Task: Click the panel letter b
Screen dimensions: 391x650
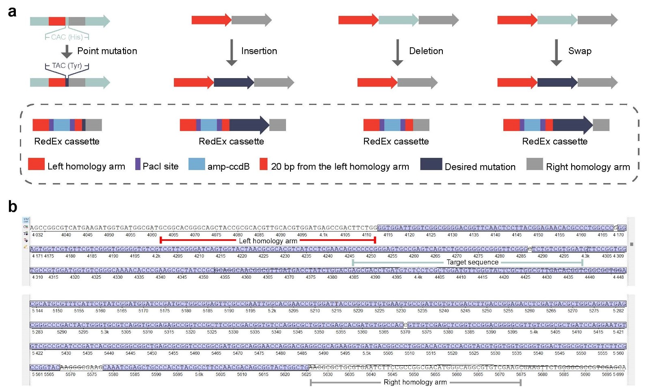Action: [x=13, y=207]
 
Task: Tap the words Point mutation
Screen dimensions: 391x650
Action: [x=107, y=51]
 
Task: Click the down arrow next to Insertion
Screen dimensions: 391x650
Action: [x=232, y=52]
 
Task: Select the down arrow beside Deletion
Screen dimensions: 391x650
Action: [x=397, y=52]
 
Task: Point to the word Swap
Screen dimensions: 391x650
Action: [x=580, y=51]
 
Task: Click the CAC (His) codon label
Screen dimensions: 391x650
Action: [x=67, y=37]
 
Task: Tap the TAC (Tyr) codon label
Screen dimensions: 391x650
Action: [x=67, y=66]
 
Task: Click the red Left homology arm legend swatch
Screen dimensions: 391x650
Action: [x=36, y=164]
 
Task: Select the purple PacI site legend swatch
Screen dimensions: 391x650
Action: [x=138, y=164]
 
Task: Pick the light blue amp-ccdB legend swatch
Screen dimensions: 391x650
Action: [x=197, y=164]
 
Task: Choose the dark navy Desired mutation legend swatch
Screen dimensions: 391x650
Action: [x=431, y=164]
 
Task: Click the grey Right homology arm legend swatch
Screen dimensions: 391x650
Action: [x=535, y=164]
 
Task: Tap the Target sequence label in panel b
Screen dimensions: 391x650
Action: [x=472, y=262]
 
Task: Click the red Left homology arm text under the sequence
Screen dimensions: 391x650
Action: [x=268, y=241]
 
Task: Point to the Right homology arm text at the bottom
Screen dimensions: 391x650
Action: [x=415, y=382]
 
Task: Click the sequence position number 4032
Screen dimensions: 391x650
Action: [x=37, y=235]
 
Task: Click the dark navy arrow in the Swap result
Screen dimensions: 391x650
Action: [x=557, y=83]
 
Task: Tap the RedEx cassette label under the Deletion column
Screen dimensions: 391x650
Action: [x=396, y=141]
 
